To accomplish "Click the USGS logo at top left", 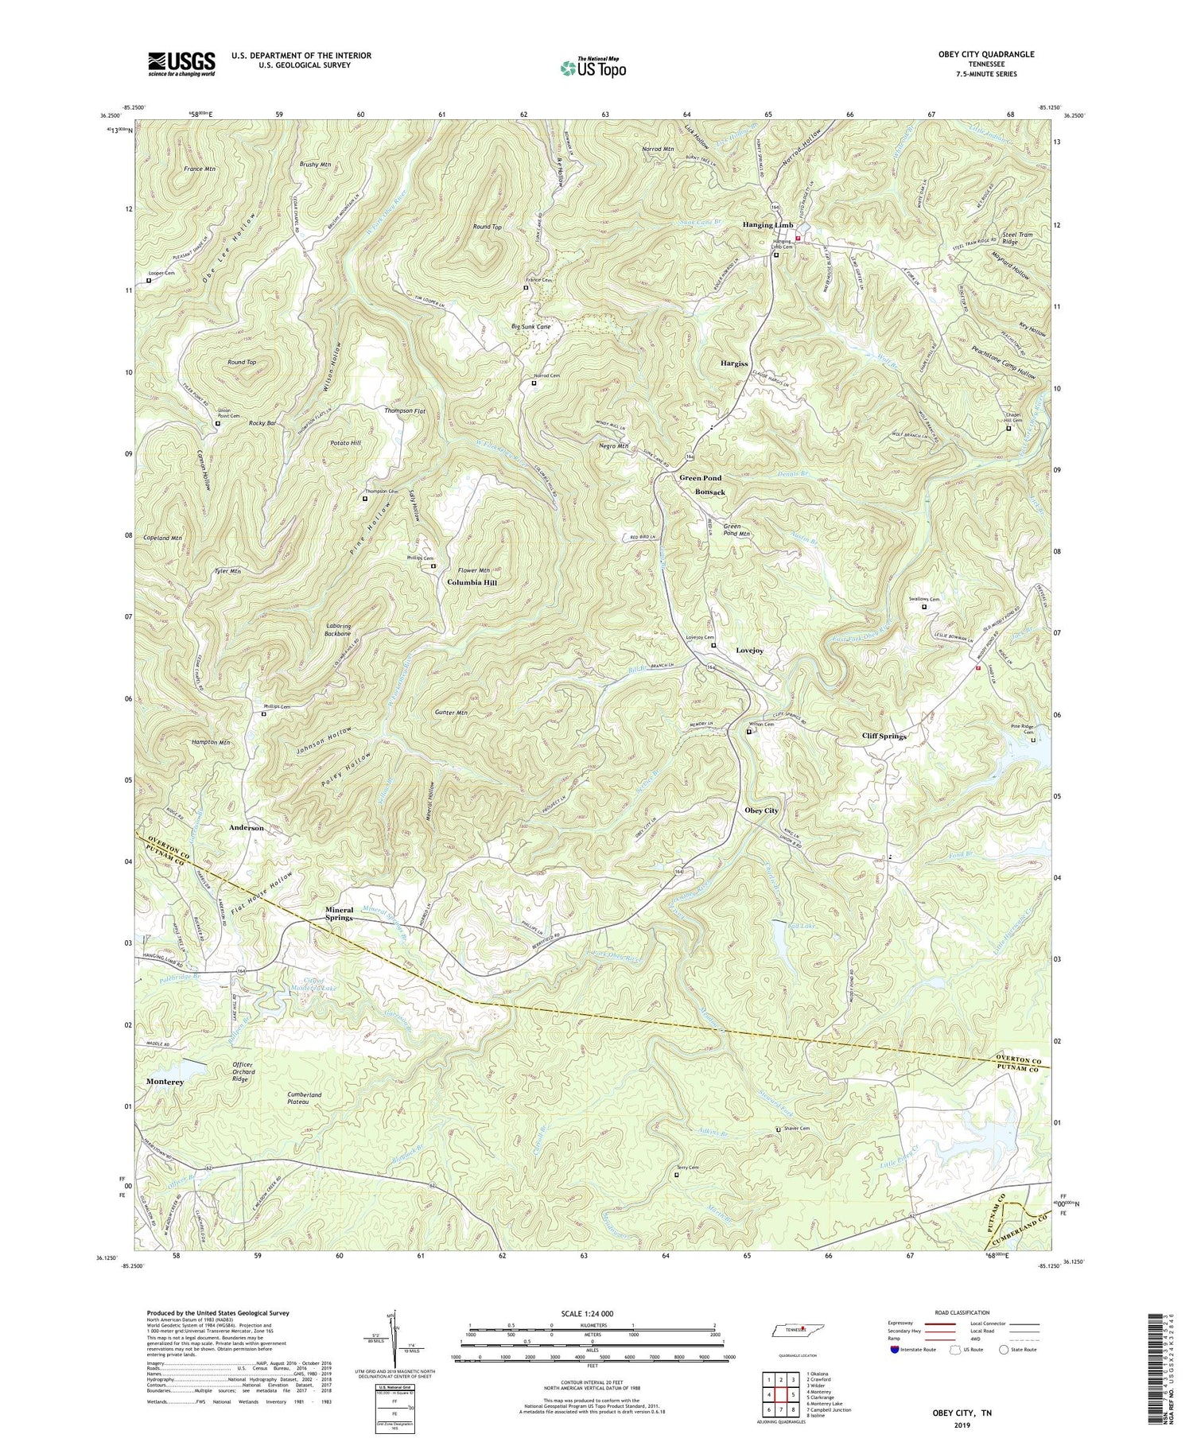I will pos(181,64).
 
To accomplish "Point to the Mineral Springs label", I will pos(350,914).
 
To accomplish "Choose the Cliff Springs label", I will pos(884,737).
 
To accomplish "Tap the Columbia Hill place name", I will pos(472,582).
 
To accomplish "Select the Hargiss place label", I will pos(734,363).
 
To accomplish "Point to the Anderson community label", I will pos(247,828).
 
